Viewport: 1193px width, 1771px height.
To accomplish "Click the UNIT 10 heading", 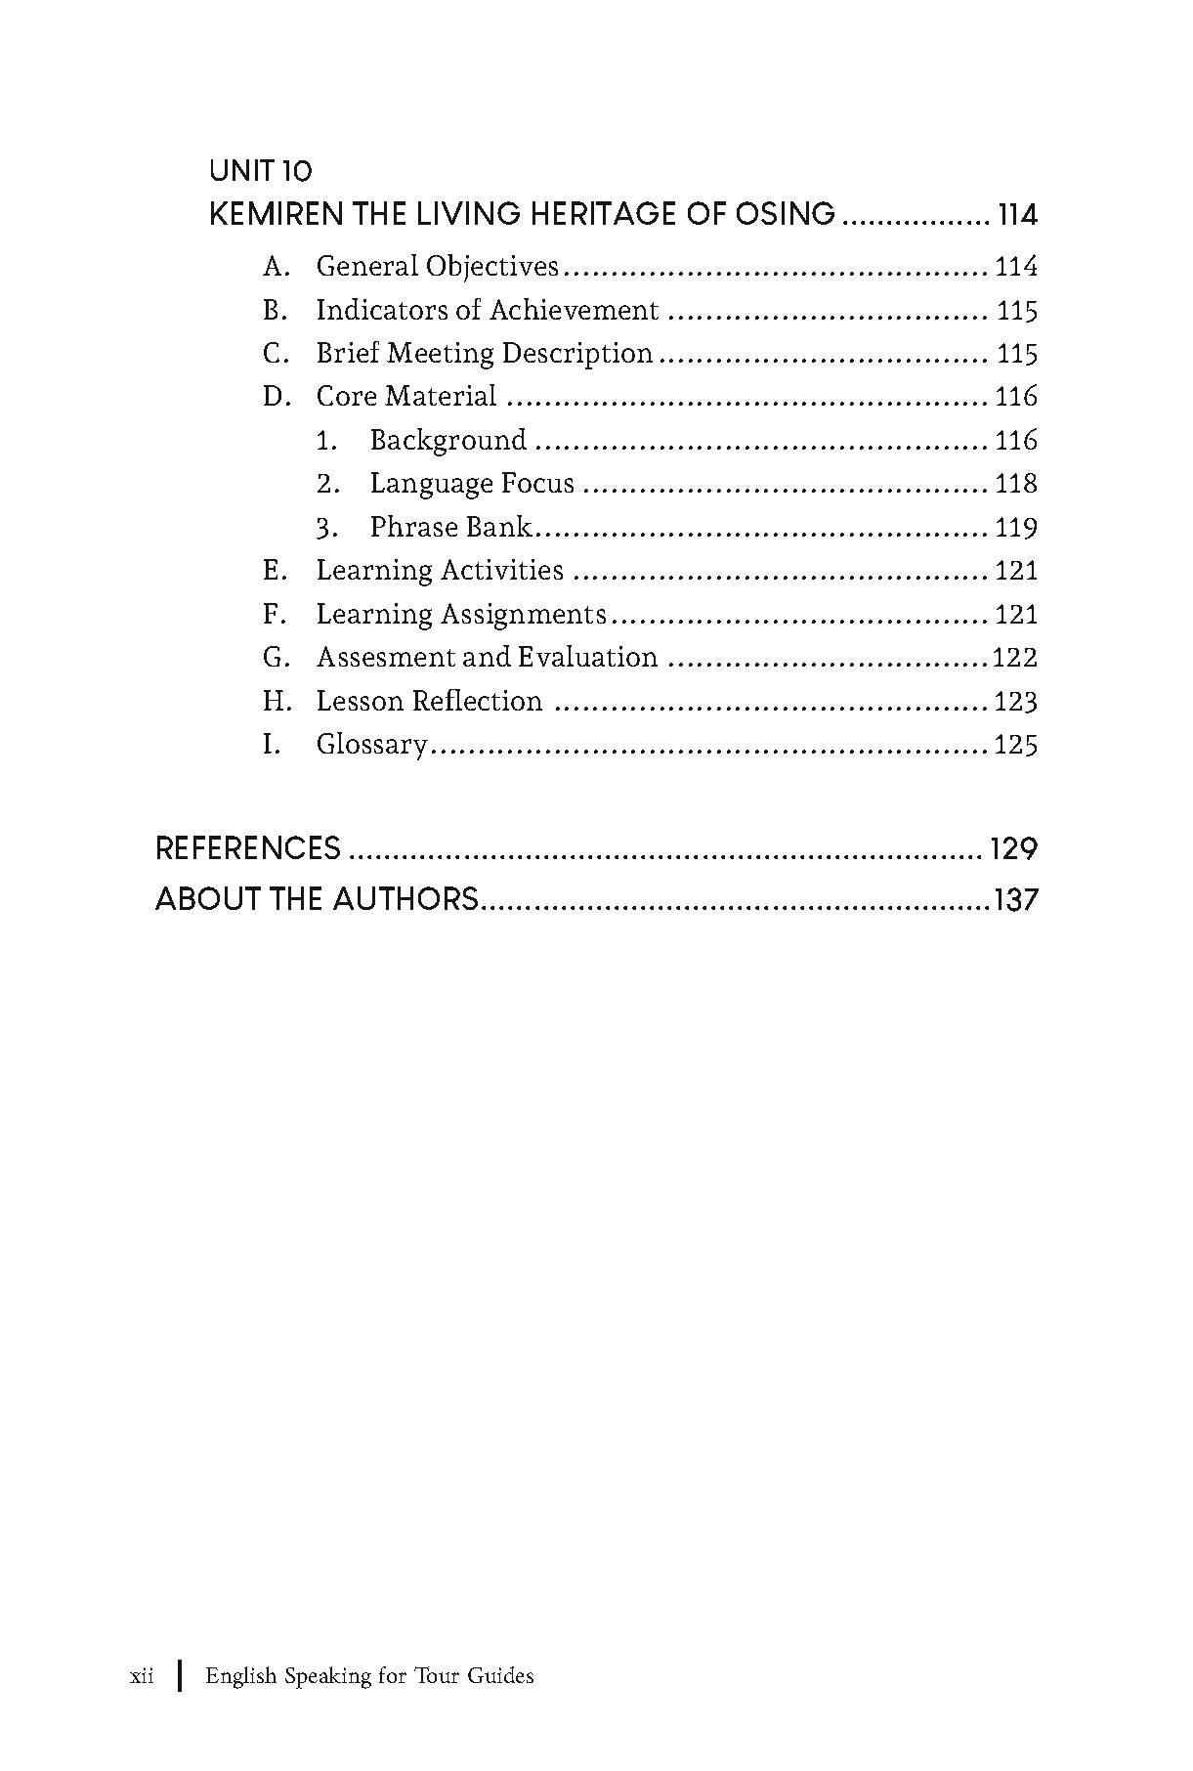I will coord(260,172).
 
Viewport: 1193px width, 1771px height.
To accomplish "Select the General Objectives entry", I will coord(437,267).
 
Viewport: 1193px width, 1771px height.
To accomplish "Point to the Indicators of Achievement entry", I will coord(487,311).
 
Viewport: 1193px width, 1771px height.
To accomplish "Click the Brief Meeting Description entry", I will coord(484,354).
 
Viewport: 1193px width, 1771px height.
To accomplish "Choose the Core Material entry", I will coord(406,397).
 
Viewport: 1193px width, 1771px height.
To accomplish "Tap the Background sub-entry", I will coord(447,441).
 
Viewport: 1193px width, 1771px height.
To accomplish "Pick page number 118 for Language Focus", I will coord(1015,484).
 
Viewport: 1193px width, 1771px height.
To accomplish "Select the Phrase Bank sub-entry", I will coord(450,528).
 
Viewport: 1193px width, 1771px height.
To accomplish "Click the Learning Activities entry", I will coord(440,571).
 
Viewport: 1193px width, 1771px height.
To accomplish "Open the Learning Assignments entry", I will coord(461,615).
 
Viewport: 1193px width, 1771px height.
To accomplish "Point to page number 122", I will coord(1014,658).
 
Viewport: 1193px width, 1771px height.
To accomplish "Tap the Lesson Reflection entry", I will coord(429,702).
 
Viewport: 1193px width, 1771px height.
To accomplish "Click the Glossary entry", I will coord(371,746).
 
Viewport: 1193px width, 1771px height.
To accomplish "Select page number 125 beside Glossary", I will coord(1015,746).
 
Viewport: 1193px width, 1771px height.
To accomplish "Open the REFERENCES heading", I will coord(248,847).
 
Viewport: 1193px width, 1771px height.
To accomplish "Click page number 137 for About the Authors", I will coord(1015,899).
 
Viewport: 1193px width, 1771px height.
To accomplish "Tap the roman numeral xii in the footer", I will coord(142,1676).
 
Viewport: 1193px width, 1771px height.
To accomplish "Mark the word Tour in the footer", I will coord(436,1676).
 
